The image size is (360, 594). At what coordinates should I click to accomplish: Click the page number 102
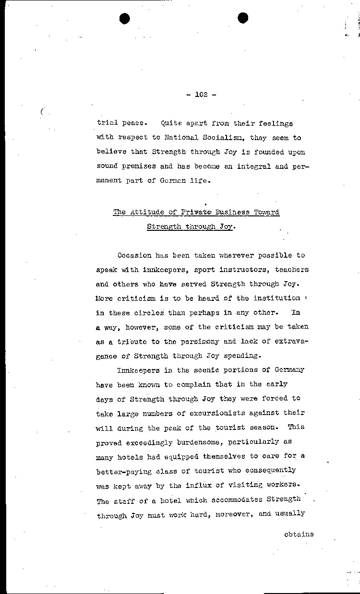(x=201, y=95)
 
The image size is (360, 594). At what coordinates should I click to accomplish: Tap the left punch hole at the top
(x=125, y=18)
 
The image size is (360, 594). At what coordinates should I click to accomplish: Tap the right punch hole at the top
(x=243, y=18)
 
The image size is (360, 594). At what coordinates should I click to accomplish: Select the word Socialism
(x=232, y=138)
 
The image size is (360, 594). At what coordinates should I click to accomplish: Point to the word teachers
(x=291, y=270)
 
